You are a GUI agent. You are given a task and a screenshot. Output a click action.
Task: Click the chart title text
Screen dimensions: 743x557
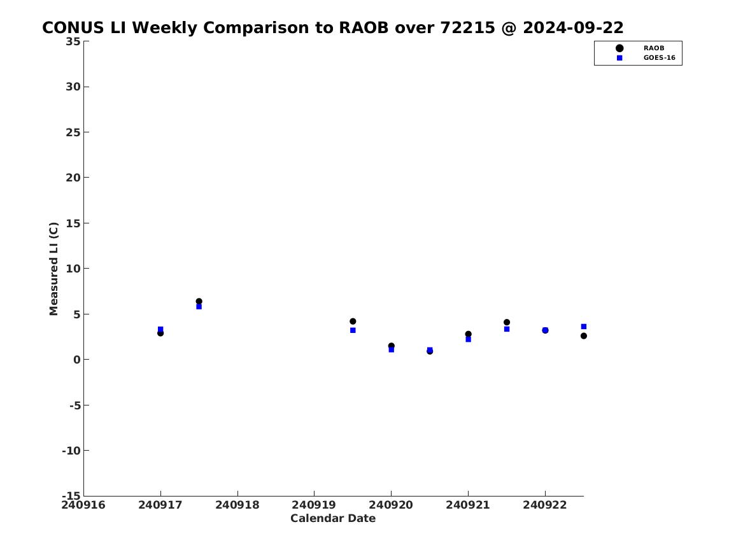(332, 28)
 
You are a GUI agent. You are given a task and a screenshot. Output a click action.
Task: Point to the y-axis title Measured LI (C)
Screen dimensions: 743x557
(53, 269)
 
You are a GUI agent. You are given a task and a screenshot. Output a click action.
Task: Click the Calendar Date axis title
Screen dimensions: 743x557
(332, 518)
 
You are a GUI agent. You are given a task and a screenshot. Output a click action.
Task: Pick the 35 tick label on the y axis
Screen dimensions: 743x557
(73, 41)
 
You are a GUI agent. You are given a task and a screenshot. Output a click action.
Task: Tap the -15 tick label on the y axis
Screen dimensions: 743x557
(71, 495)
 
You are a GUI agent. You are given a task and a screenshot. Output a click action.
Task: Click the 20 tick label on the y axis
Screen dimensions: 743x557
(73, 178)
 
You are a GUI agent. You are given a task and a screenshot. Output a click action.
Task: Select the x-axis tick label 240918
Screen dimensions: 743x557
(237, 505)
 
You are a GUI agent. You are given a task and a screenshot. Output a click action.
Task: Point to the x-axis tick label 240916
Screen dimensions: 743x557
(83, 505)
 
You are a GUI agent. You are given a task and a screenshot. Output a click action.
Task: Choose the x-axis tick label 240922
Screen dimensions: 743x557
(544, 505)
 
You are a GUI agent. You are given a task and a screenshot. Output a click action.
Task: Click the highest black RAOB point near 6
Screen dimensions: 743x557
(199, 301)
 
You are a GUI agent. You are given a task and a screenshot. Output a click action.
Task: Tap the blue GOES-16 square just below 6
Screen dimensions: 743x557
(199, 306)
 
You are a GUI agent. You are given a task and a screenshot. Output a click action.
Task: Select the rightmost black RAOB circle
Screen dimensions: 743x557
(584, 336)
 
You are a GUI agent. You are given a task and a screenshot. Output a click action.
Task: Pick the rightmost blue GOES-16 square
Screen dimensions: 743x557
(584, 327)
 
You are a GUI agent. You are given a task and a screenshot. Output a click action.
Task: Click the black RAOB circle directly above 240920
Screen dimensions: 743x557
(392, 346)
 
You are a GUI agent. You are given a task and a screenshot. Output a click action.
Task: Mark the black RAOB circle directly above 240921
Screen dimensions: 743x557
(468, 334)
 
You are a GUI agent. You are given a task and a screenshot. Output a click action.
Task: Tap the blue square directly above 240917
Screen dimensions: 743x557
(160, 329)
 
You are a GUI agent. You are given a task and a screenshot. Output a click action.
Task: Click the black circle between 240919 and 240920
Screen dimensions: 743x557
(353, 321)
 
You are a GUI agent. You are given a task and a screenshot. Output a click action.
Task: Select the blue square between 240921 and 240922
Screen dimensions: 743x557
(507, 329)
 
